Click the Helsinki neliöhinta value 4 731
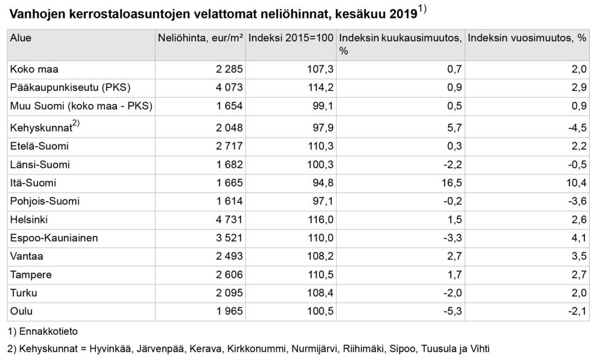coord(229,219)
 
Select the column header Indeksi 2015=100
coord(291,37)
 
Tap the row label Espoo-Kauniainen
coord(54,238)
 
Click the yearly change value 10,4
coord(576,183)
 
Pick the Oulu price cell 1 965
coord(229,311)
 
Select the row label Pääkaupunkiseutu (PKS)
coord(70,88)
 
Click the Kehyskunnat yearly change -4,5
coord(577,128)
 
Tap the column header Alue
coord(21,37)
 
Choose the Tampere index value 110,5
coord(321,275)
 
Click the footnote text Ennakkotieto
coord(48,331)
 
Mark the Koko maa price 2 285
coord(229,69)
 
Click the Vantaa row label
coord(26,256)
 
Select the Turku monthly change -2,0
coord(453,292)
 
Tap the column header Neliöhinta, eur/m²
coord(200,37)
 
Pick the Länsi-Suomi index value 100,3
coord(321,165)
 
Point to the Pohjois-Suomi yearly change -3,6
coord(577,202)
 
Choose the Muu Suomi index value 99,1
coord(323,106)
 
